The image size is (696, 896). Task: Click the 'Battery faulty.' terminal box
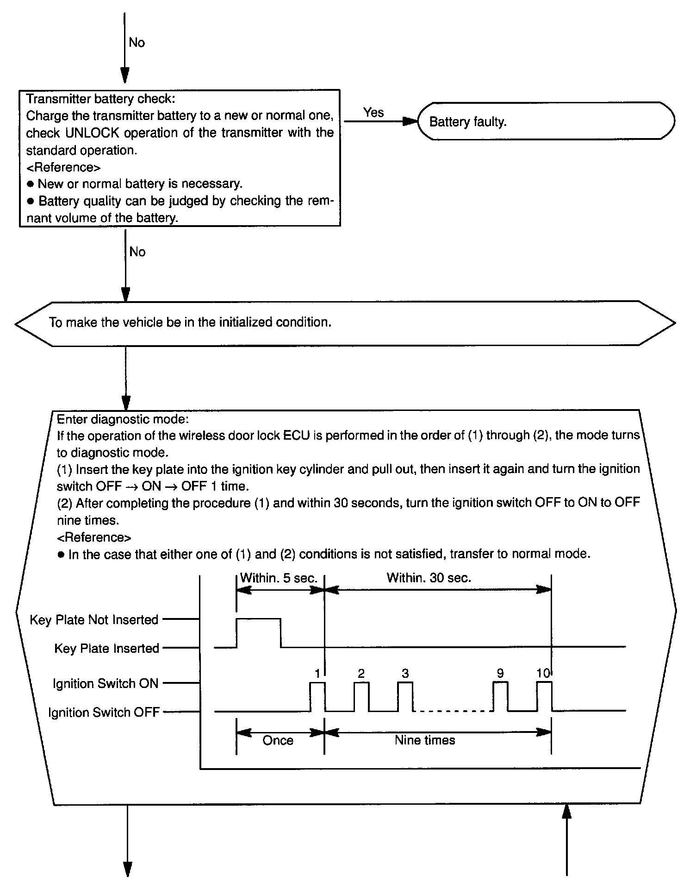pyautogui.click(x=546, y=121)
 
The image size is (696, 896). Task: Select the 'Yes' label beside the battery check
pyautogui.click(x=373, y=112)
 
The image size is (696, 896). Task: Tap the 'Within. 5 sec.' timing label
pyautogui.click(x=279, y=578)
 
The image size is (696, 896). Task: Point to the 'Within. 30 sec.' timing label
pyautogui.click(x=429, y=578)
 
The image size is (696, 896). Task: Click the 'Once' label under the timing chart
pyautogui.click(x=278, y=740)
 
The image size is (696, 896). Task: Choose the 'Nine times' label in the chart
pyautogui.click(x=425, y=740)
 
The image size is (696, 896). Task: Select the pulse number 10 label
pyautogui.click(x=543, y=673)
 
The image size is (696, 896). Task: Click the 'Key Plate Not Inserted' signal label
pyautogui.click(x=94, y=619)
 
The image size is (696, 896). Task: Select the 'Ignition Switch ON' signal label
pyautogui.click(x=106, y=683)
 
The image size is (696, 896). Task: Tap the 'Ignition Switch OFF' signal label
pyautogui.click(x=104, y=712)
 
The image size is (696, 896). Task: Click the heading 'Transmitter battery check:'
pyautogui.click(x=100, y=99)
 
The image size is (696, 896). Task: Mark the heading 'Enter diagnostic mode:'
pyautogui.click(x=123, y=419)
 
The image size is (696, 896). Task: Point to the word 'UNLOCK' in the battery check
pyautogui.click(x=93, y=133)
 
